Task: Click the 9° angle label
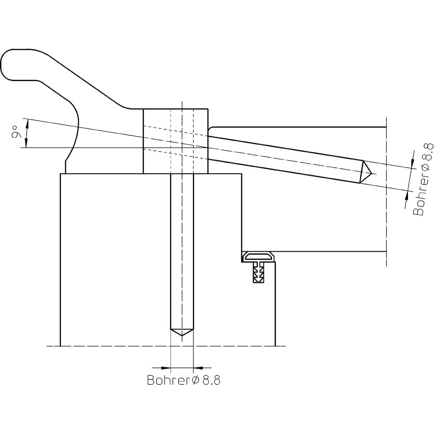pos(17,132)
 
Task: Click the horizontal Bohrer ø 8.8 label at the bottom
pos(184,380)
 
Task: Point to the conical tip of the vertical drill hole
pos(182,332)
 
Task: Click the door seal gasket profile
pos(259,256)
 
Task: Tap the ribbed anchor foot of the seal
pos(259,273)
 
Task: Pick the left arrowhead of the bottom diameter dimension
pos(165,368)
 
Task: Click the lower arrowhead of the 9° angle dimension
pos(26,143)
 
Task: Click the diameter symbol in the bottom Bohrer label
pos(195,381)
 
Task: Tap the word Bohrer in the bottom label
pos(168,380)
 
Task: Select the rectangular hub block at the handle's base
pos(175,141)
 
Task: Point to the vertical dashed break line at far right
pos(386,191)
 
